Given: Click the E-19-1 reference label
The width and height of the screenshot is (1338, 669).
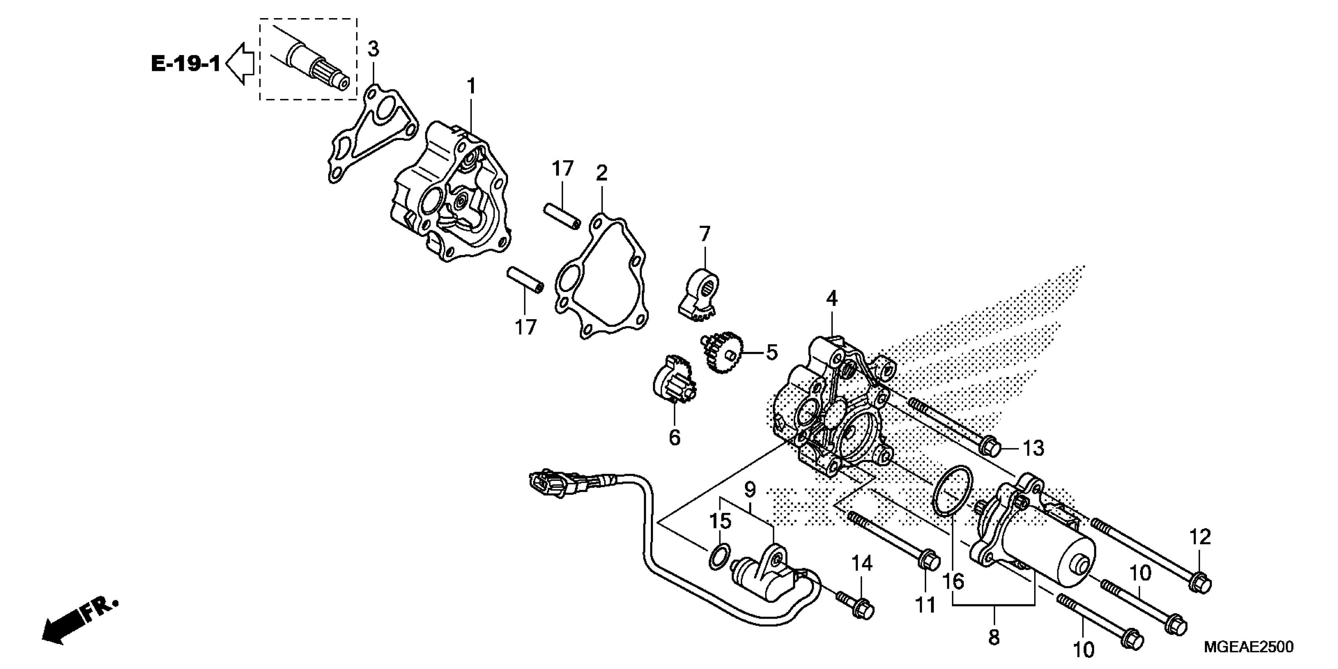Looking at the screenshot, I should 185,65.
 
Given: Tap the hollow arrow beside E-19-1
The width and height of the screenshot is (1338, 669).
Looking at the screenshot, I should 240,65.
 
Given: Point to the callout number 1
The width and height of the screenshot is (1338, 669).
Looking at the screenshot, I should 471,86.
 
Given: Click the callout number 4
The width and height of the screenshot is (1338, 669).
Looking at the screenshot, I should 832,299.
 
